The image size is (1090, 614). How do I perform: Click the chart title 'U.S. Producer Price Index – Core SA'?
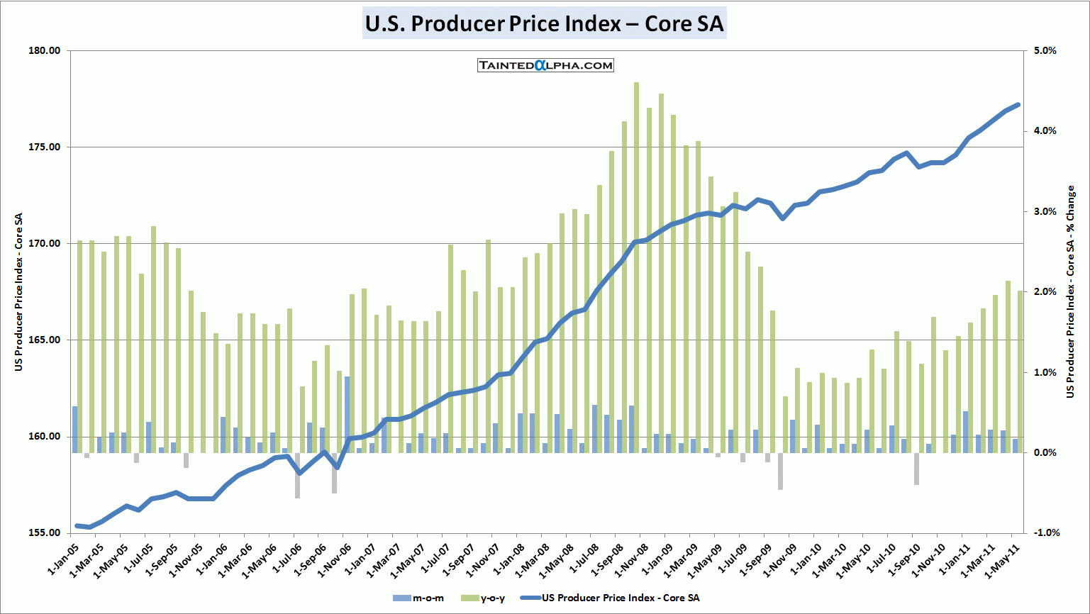[x=544, y=23]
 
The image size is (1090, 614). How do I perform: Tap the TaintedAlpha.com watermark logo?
[x=545, y=65]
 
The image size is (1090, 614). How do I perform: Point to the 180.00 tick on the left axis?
[x=44, y=51]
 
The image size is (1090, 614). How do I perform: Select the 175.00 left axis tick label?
[x=44, y=147]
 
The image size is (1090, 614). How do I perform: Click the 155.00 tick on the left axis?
[x=44, y=533]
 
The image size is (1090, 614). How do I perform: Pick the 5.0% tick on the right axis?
[x=1045, y=51]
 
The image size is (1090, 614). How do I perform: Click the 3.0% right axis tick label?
[x=1045, y=212]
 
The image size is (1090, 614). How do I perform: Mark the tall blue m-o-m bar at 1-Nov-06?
[x=347, y=414]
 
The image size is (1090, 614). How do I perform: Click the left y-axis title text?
[x=19, y=291]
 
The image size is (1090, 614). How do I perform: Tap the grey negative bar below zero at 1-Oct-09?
[x=780, y=471]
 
